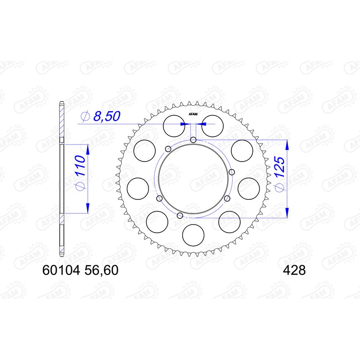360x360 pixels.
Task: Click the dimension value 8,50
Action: click(x=106, y=117)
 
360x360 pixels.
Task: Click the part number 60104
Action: click(x=61, y=270)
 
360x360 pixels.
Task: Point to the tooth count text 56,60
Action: click(x=101, y=270)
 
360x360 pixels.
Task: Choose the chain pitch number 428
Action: click(x=294, y=270)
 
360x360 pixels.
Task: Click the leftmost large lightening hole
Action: click(x=139, y=189)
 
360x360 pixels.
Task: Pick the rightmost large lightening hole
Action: click(x=248, y=189)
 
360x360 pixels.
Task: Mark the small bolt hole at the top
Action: click(x=193, y=139)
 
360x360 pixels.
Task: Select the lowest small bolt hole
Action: click(x=180, y=216)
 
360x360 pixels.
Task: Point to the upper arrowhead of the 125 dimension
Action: click(x=287, y=144)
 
